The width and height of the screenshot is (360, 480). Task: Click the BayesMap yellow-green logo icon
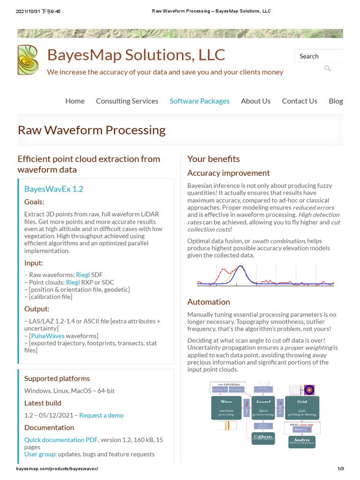click(28, 60)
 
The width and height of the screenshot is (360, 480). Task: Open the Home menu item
click(75, 101)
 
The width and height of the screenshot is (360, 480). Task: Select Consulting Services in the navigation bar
click(127, 101)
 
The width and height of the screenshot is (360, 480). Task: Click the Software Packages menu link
click(200, 101)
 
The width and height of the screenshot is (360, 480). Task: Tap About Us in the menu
click(255, 101)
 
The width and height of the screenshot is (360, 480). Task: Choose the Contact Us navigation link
click(300, 101)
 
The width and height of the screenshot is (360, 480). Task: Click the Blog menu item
click(336, 101)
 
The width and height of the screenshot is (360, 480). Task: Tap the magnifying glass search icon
click(328, 68)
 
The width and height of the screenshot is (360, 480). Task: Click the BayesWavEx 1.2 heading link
click(54, 189)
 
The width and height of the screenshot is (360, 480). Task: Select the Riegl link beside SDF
click(82, 275)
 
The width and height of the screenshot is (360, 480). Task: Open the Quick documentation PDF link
click(61, 440)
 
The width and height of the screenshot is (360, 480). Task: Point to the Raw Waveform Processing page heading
click(91, 130)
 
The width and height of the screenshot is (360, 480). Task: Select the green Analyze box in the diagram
click(301, 442)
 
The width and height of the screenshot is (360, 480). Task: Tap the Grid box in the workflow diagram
click(302, 407)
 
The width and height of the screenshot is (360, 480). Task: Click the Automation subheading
click(209, 302)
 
